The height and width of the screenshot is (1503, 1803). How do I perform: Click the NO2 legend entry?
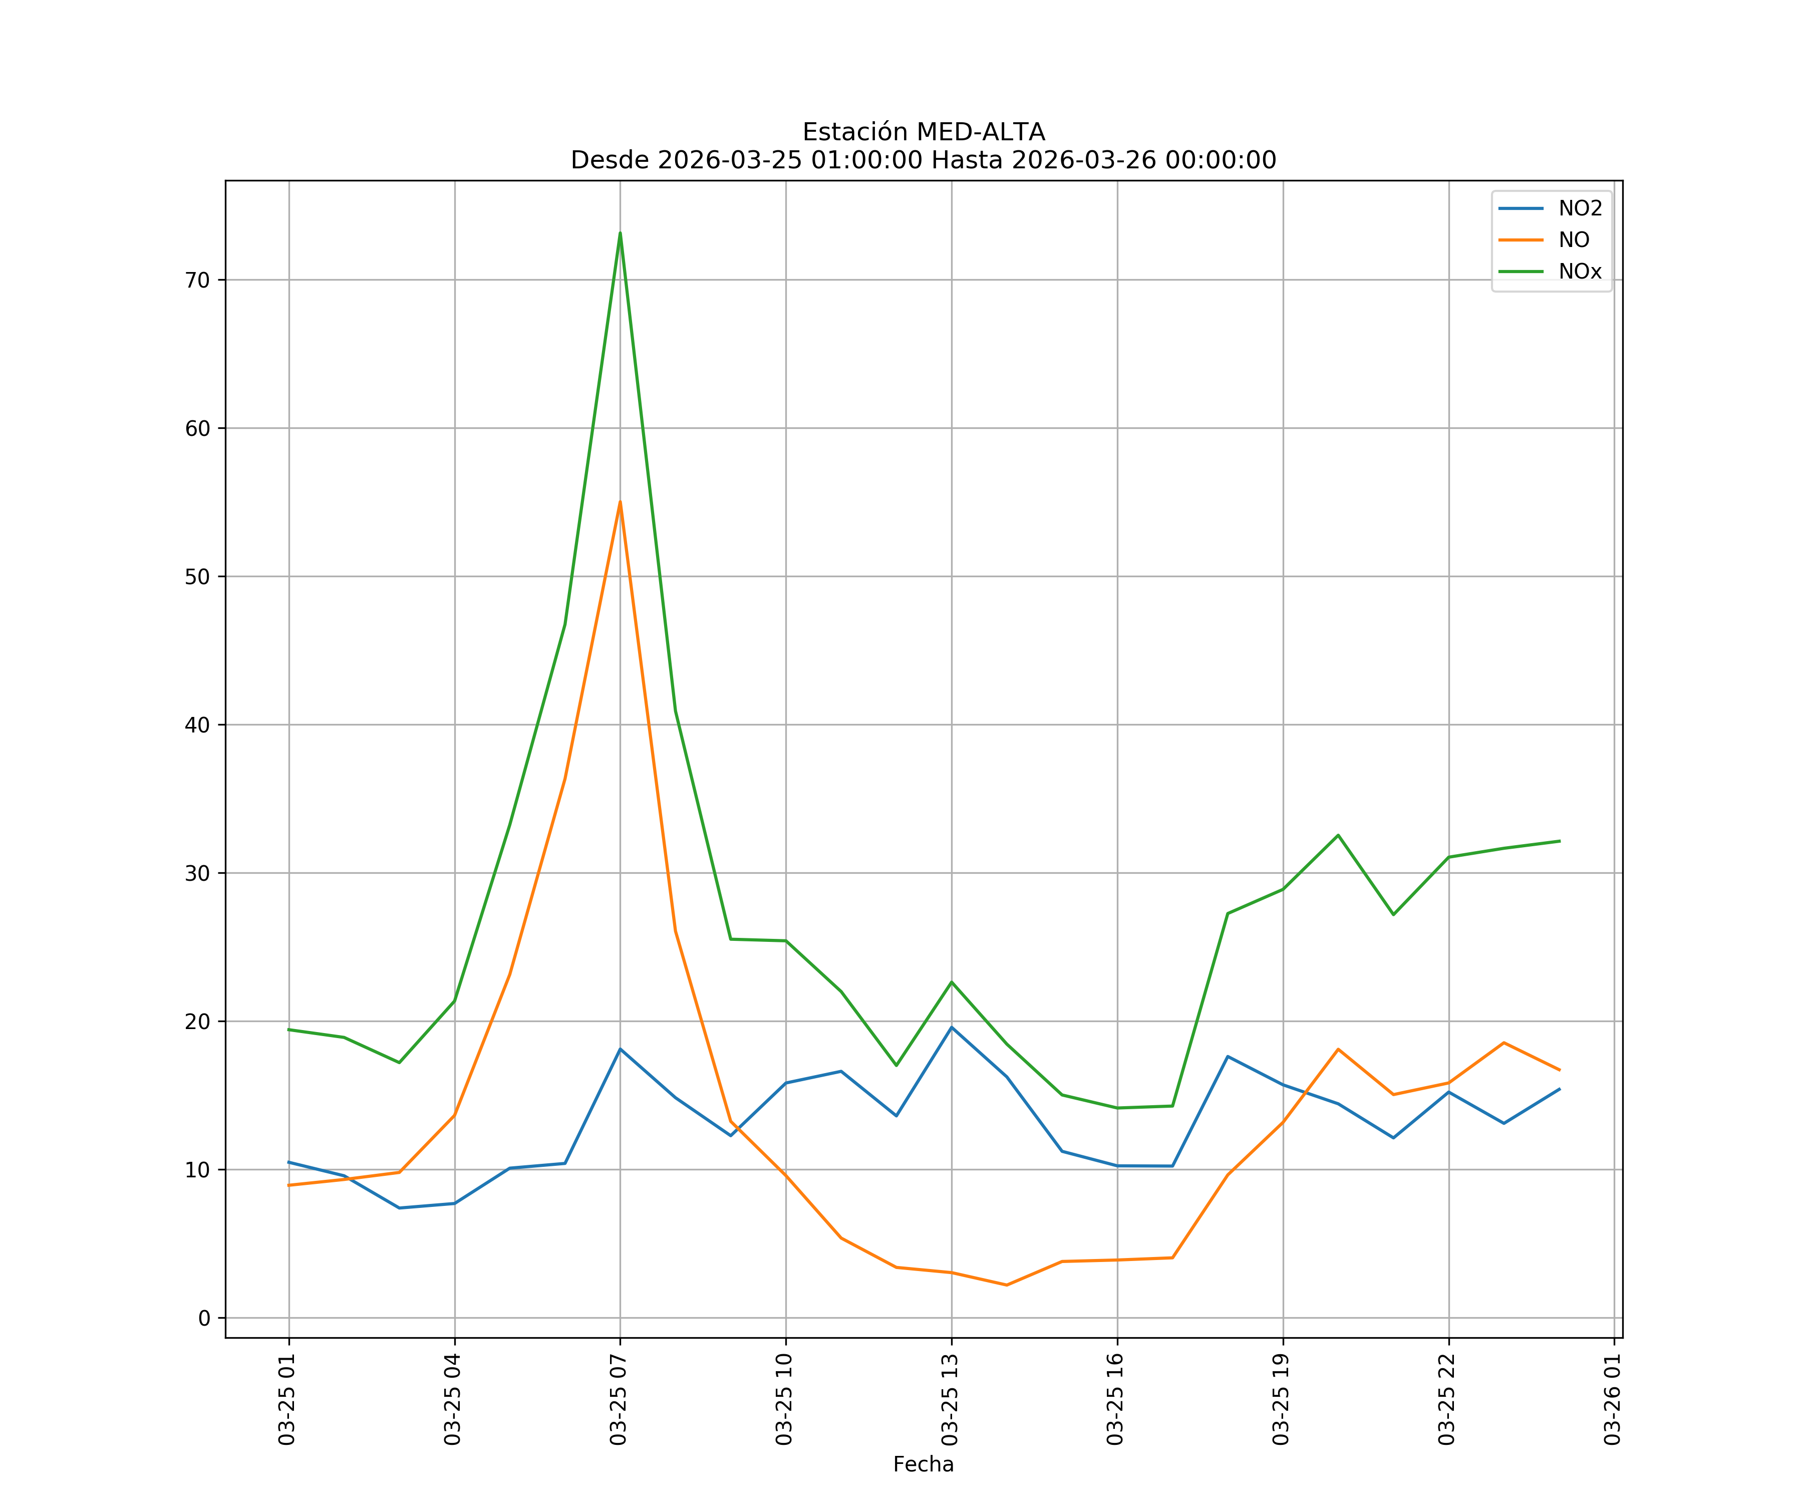(1580, 209)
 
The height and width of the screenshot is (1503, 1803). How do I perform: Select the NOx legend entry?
(1580, 272)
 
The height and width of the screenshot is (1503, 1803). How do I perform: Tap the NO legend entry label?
(1574, 240)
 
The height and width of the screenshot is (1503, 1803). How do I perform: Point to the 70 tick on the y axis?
(197, 280)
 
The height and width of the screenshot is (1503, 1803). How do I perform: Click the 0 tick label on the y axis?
(204, 1318)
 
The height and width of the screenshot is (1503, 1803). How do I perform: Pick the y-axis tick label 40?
(197, 725)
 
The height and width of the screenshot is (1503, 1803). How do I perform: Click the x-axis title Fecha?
(923, 1464)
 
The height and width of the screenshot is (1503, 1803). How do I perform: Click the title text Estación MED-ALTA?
(923, 132)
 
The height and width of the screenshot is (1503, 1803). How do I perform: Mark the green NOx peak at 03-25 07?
(620, 233)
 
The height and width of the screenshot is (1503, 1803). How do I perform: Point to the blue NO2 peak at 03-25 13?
(951, 1027)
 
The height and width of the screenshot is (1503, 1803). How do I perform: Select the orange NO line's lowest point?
(1006, 1285)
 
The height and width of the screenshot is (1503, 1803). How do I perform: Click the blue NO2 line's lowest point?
(399, 1208)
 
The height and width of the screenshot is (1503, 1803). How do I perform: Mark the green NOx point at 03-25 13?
(951, 981)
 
